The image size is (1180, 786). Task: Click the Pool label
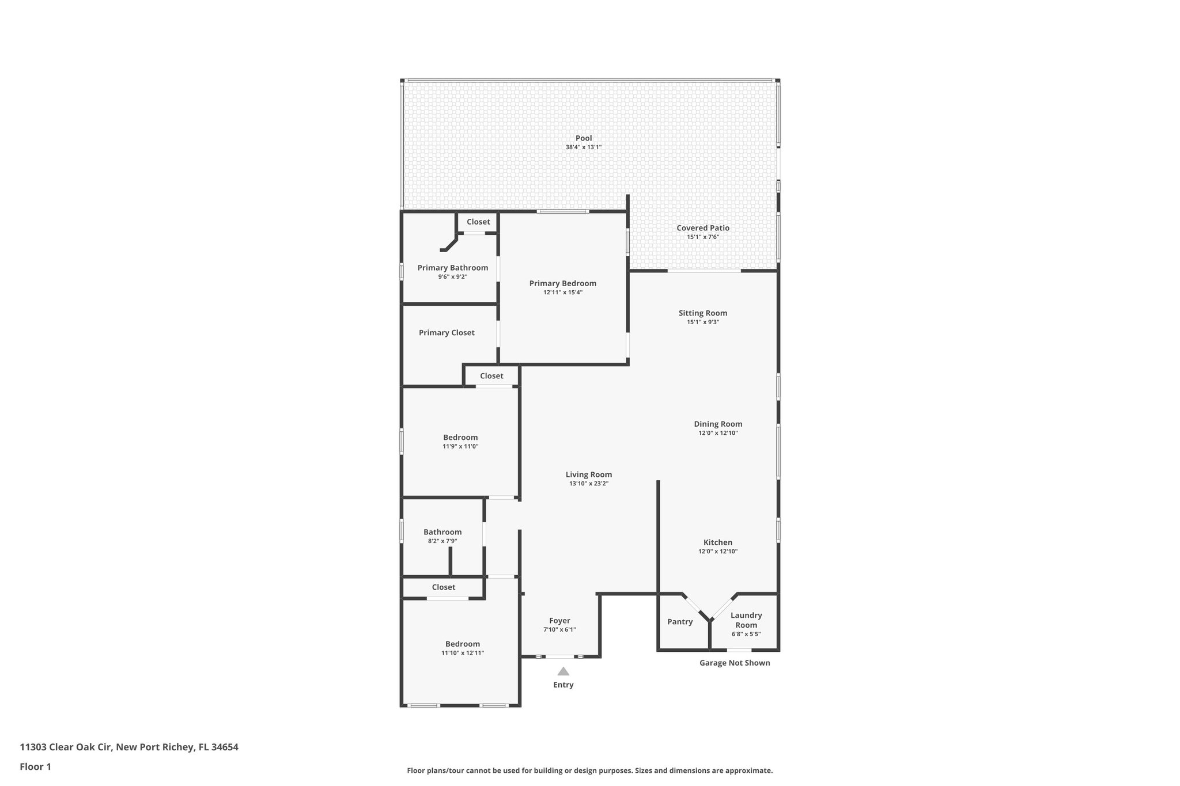[x=583, y=138]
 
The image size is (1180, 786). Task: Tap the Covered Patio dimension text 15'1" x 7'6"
[x=702, y=237]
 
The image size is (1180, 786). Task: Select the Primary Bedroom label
[x=562, y=283]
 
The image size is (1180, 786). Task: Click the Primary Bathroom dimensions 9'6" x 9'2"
[x=452, y=277]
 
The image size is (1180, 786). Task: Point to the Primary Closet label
[x=447, y=333]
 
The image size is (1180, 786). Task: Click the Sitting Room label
[x=702, y=313]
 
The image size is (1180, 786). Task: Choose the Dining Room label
[x=717, y=424]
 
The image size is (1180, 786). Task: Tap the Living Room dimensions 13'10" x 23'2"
[x=588, y=484]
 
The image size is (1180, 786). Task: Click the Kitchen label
[x=717, y=542]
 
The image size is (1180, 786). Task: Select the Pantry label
[x=680, y=622]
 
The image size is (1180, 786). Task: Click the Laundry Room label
[x=746, y=620]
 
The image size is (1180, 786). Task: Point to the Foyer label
[x=559, y=621]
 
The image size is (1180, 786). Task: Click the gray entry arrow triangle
[x=563, y=671]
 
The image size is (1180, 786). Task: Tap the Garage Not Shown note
[x=734, y=663]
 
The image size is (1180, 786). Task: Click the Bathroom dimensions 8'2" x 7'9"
[x=442, y=541]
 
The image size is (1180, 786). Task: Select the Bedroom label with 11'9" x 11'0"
[x=460, y=438]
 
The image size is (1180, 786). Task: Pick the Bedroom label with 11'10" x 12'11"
[x=462, y=644]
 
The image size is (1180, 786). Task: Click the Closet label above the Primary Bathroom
[x=478, y=222]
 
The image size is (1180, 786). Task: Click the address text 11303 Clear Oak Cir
[x=67, y=747]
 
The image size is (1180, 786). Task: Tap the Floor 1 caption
[x=35, y=767]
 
